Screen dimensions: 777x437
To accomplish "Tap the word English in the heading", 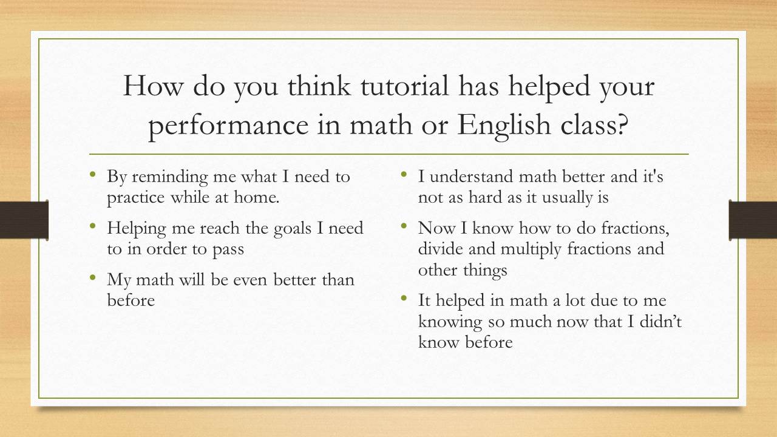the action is point(504,126).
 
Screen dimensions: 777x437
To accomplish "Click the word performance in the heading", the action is point(229,126).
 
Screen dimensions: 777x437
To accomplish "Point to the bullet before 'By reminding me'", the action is point(92,174).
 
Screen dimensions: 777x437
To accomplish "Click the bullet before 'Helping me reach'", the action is point(92,226).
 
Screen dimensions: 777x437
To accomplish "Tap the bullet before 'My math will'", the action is point(92,277).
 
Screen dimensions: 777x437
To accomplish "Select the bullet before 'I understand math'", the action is point(404,174).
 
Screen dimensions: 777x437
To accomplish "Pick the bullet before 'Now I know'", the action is point(404,226).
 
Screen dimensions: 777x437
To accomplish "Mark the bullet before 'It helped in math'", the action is point(404,298).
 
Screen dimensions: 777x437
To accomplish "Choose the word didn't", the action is point(661,321).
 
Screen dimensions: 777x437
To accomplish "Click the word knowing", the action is point(450,322).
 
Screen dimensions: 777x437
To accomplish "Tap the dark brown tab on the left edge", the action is point(24,220).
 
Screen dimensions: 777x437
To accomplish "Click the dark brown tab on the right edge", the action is point(753,220).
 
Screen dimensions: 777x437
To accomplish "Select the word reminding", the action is point(169,177).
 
